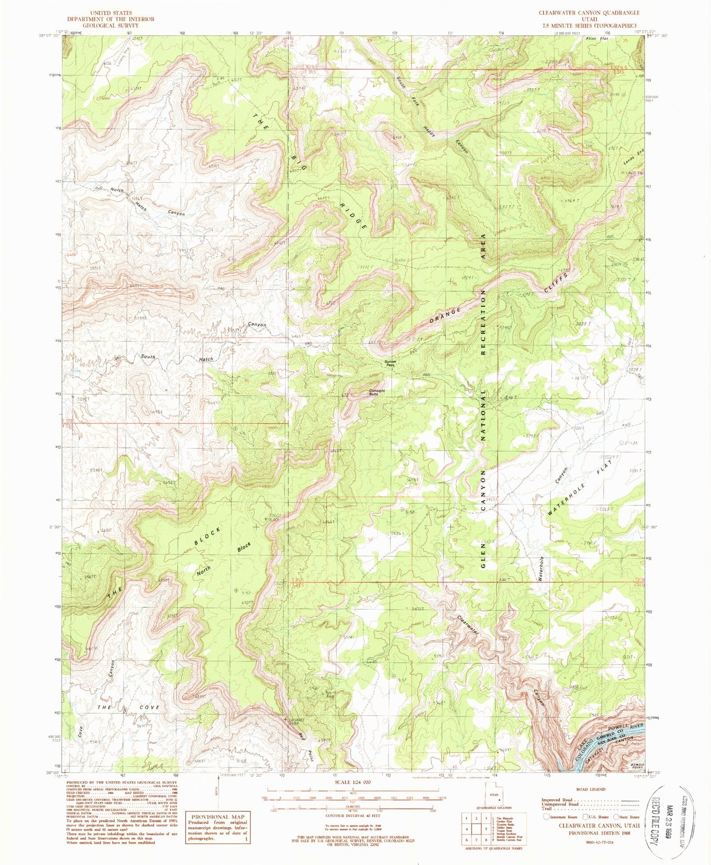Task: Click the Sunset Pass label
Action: pyautogui.click(x=390, y=364)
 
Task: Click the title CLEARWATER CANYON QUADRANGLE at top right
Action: pyautogui.click(x=589, y=13)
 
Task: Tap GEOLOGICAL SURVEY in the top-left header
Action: pyautogui.click(x=110, y=26)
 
